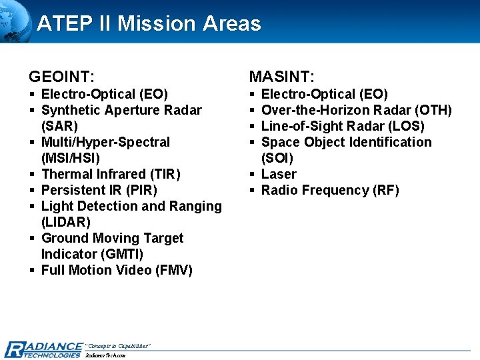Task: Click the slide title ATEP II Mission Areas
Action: [x=149, y=24]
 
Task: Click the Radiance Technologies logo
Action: [x=43, y=349]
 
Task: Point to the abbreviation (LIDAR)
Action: [x=65, y=222]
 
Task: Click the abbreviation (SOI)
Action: [x=277, y=158]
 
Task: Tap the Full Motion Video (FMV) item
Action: [x=117, y=270]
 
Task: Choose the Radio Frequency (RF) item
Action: [x=330, y=190]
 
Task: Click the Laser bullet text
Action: [x=279, y=174]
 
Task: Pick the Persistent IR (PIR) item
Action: [x=99, y=190]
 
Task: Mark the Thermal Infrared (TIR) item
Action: [x=111, y=174]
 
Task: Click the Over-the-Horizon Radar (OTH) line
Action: [x=356, y=110]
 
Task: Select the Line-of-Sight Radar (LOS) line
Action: [x=343, y=126]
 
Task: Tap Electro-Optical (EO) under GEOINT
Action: [x=104, y=94]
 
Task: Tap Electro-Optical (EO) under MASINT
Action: [x=324, y=94]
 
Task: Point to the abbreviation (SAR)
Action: [x=59, y=126]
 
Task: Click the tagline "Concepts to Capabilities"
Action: [x=118, y=345]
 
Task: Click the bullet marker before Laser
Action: [x=253, y=175]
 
